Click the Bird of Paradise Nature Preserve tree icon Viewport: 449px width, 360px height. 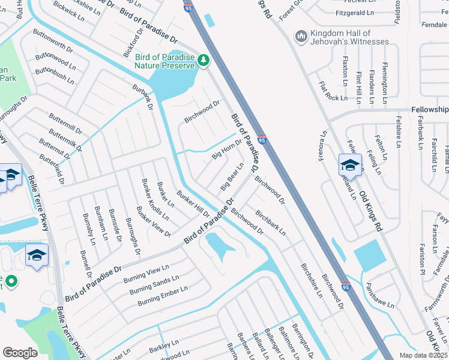[x=204, y=60]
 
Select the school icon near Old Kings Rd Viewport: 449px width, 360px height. [x=350, y=164]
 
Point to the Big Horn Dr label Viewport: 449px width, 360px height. [x=226, y=149]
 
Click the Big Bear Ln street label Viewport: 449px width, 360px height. [x=233, y=173]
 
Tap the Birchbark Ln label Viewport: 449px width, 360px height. [x=270, y=222]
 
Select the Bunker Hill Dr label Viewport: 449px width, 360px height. [x=193, y=203]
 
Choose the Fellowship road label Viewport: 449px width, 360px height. [x=430, y=110]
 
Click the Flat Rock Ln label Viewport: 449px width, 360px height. [x=334, y=90]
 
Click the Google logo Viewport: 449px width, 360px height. [x=20, y=353]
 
